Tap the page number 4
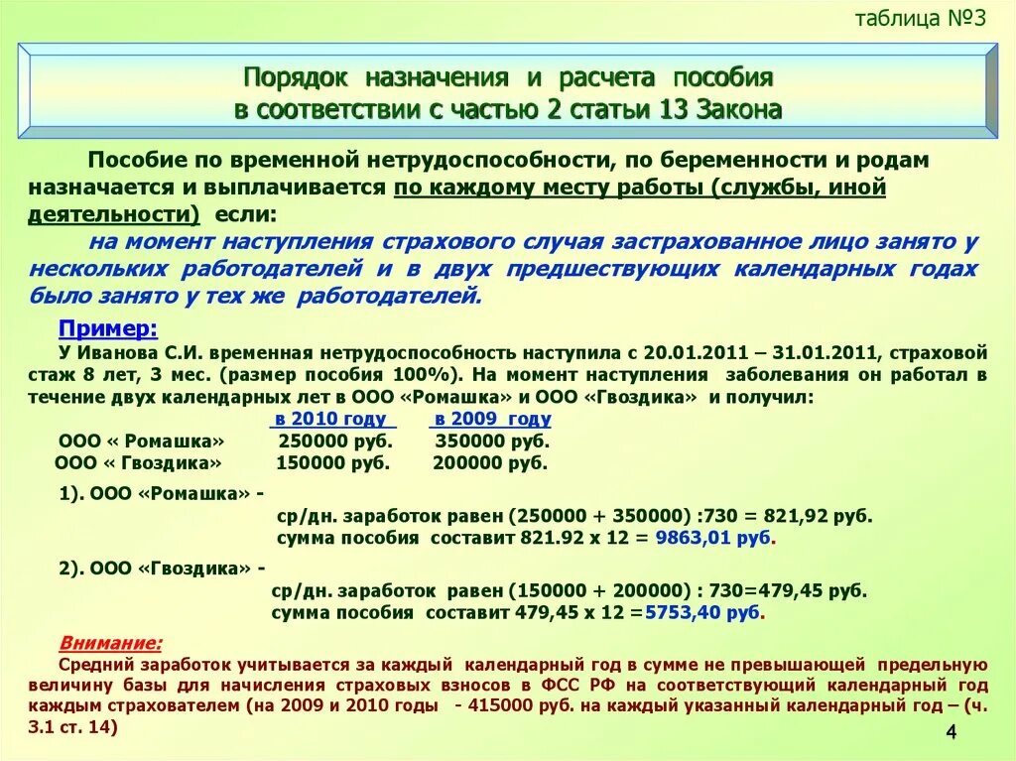pyautogui.click(x=951, y=732)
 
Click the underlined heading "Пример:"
pyautogui.click(x=108, y=329)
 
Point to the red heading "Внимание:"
pyautogui.click(x=111, y=642)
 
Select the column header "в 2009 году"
pyautogui.click(x=493, y=419)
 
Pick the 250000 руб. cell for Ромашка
pyautogui.click(x=335, y=441)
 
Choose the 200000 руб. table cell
pyautogui.click(x=490, y=462)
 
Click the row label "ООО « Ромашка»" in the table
pyautogui.click(x=142, y=441)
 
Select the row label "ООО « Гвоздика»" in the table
pyautogui.click(x=138, y=462)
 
